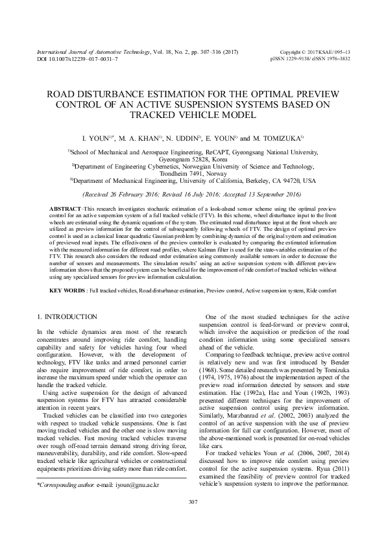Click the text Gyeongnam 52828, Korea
tap(193, 158)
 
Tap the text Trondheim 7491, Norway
tap(193, 174)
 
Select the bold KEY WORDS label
tap(66, 290)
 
